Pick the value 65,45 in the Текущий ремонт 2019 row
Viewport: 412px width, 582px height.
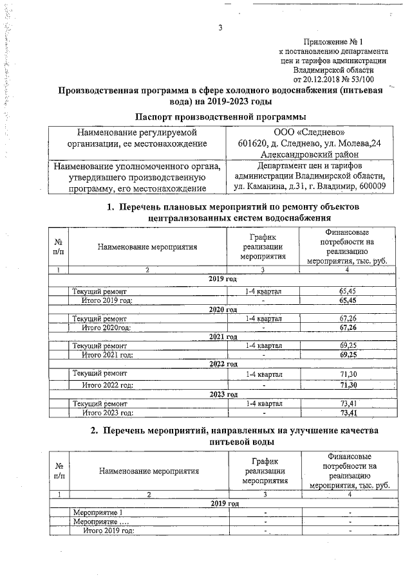[x=348, y=291]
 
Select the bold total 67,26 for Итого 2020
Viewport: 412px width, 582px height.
[x=348, y=327]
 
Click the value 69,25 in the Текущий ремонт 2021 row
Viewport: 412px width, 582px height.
[x=348, y=345]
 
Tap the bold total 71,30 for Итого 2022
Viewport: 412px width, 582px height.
[x=348, y=385]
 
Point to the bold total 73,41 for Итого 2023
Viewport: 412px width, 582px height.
[x=348, y=413]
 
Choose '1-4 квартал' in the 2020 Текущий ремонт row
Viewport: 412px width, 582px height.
[x=263, y=318]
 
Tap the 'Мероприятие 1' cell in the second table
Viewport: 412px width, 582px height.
[x=97, y=513]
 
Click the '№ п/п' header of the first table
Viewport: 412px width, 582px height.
[x=59, y=246]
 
